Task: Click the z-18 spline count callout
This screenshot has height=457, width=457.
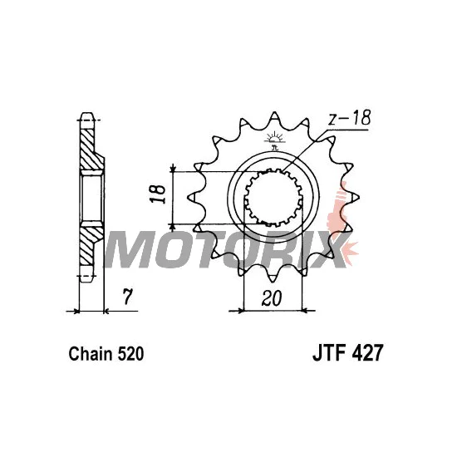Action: (349, 118)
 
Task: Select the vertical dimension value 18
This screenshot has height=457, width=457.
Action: (157, 194)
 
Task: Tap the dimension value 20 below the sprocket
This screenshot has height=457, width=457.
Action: (272, 298)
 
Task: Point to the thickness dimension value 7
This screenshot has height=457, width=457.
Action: (128, 297)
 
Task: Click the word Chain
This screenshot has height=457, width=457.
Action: (91, 354)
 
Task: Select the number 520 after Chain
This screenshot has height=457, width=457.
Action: (130, 354)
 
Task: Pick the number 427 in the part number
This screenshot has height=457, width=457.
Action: (367, 353)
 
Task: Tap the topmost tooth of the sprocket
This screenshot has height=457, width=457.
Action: (274, 118)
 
